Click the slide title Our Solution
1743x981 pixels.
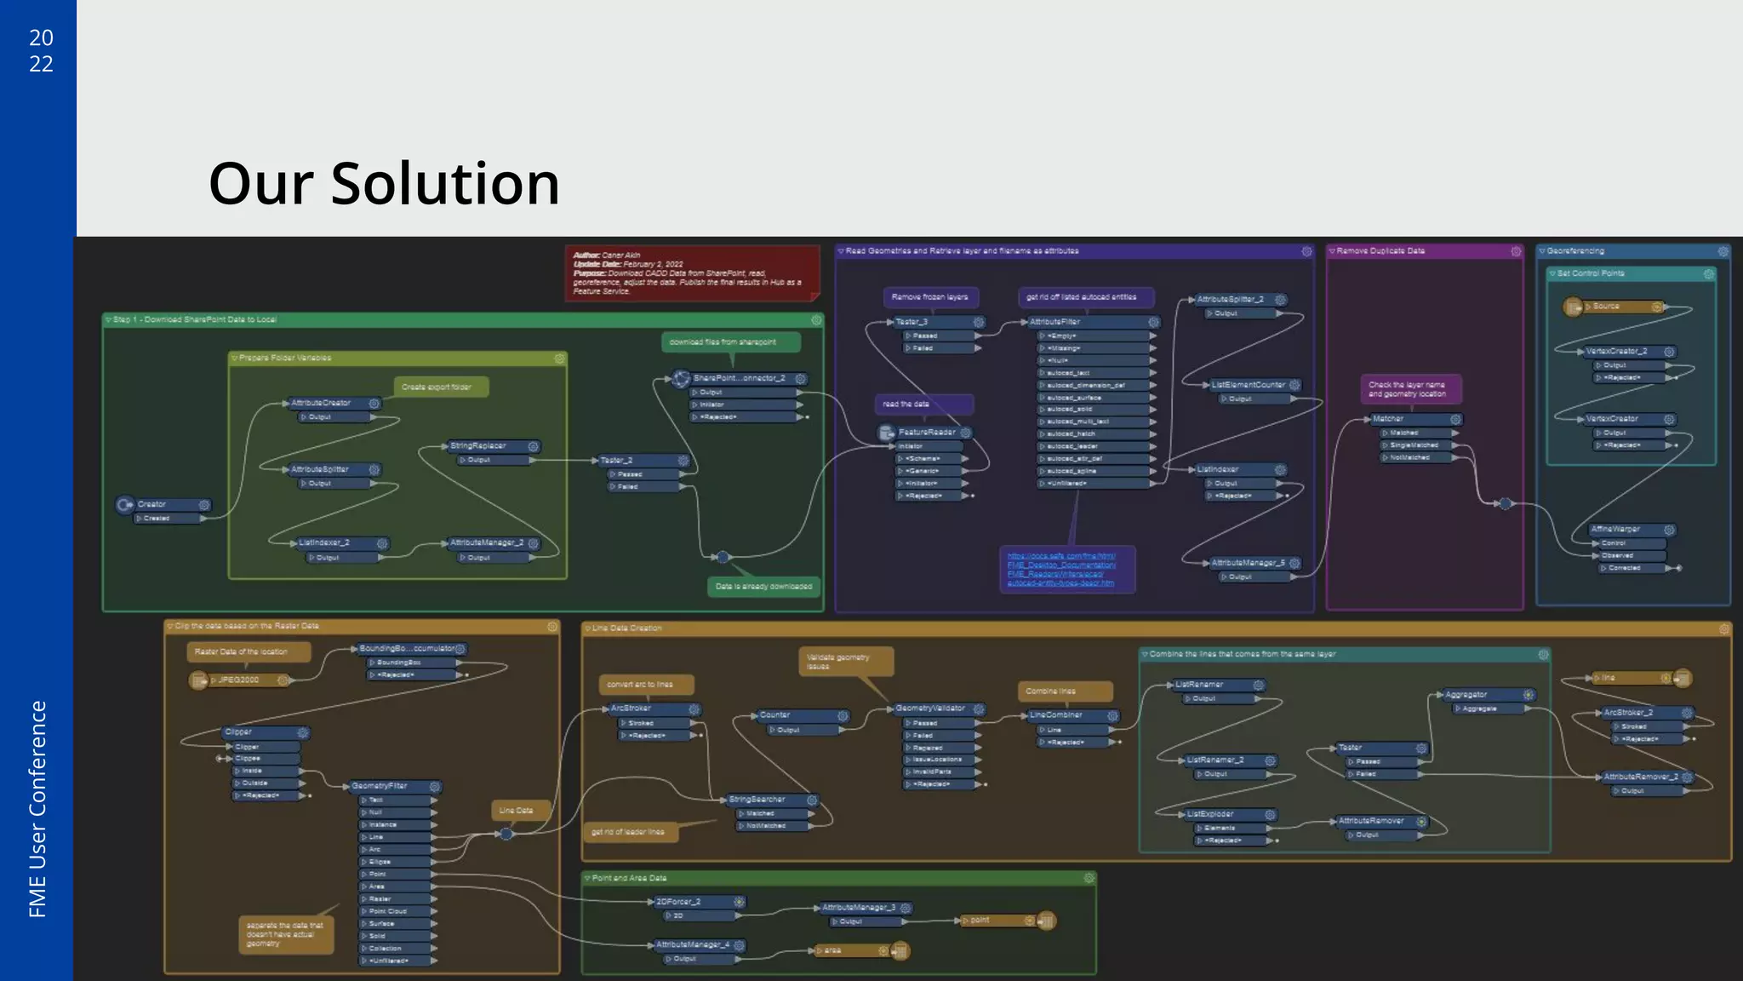tap(384, 183)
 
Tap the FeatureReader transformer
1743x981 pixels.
tap(926, 433)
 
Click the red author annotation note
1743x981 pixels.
tap(691, 272)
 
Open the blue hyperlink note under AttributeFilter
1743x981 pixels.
tap(1066, 569)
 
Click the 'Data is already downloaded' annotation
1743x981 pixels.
tap(763, 586)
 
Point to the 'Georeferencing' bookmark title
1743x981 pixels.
tap(1575, 251)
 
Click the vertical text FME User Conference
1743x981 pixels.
tap(37, 809)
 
